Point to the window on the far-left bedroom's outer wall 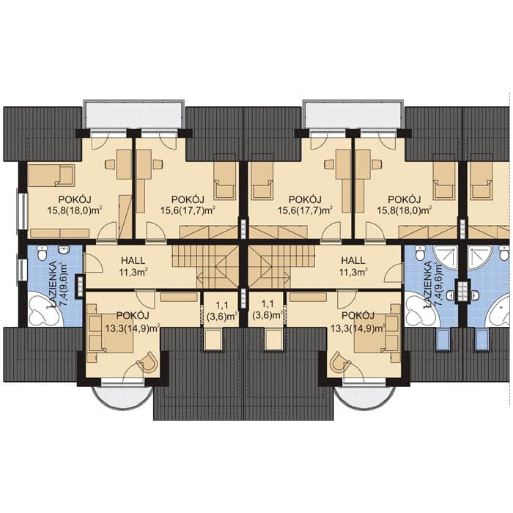(x=23, y=211)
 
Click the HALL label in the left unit (x=133, y=261)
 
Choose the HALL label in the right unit (x=353, y=261)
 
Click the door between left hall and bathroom (x=93, y=262)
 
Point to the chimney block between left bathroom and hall (x=80, y=287)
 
